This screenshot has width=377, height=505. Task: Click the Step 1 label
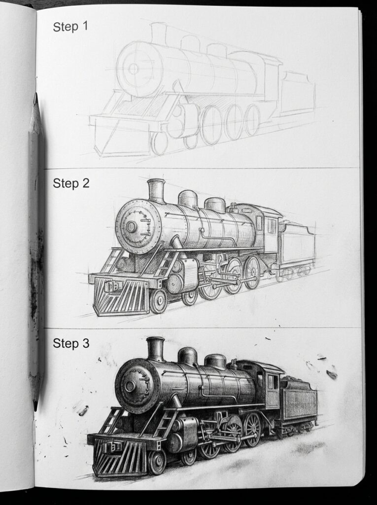pyautogui.click(x=70, y=27)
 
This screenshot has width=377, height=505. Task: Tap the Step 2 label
pyautogui.click(x=71, y=184)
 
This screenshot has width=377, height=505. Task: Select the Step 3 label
pyautogui.click(x=71, y=344)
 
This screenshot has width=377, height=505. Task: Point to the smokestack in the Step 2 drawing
pyautogui.click(x=156, y=190)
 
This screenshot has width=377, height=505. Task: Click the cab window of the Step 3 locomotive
pyautogui.click(x=272, y=382)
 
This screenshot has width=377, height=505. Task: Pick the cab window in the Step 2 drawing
pyautogui.click(x=272, y=225)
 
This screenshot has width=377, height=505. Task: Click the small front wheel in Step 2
pyautogui.click(x=158, y=301)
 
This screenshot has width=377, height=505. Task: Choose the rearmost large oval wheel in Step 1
pyautogui.click(x=252, y=119)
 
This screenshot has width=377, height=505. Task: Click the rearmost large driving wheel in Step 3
pyautogui.click(x=252, y=430)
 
